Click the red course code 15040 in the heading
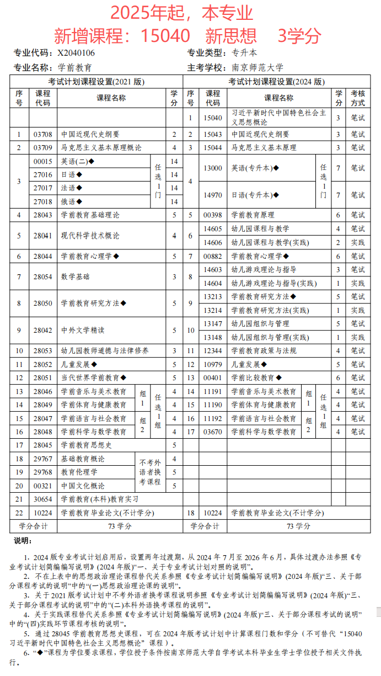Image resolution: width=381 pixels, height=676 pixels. click(165, 36)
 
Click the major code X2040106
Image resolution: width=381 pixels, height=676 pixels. click(76, 53)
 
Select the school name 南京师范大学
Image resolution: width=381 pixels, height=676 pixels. click(257, 67)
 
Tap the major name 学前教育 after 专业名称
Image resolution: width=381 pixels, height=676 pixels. click(75, 67)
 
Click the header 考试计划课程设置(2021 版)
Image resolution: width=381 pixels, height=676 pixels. click(96, 82)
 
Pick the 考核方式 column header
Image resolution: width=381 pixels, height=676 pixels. click(357, 98)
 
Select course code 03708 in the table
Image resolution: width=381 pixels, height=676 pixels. click(42, 134)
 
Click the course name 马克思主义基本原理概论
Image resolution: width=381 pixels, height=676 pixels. click(101, 147)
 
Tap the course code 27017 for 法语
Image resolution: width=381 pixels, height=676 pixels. click(42, 188)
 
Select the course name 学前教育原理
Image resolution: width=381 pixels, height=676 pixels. click(253, 215)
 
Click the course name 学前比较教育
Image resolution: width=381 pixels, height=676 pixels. click(253, 378)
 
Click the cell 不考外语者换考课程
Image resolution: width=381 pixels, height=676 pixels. click(150, 472)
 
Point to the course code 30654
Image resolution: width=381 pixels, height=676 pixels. click(42, 499)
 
